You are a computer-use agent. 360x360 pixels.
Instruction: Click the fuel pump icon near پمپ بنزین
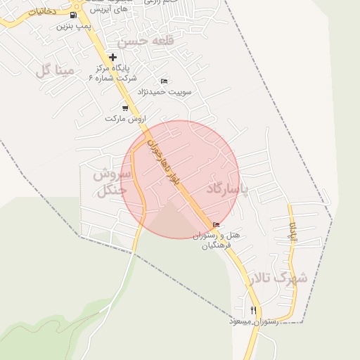coord(74,15)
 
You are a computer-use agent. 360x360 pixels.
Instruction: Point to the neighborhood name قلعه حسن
coord(145,42)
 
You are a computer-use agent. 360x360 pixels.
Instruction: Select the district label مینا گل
coord(54,70)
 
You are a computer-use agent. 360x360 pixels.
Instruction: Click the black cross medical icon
coord(112,56)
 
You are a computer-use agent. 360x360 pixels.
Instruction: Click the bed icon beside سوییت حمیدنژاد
coord(165,81)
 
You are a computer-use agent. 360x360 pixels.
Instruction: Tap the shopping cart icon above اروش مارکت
coord(125,108)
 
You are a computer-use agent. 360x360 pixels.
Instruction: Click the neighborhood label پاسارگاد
coord(229,189)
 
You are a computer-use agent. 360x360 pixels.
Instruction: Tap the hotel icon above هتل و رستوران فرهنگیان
coord(216,225)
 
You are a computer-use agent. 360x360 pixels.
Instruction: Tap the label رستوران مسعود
coord(254,321)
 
